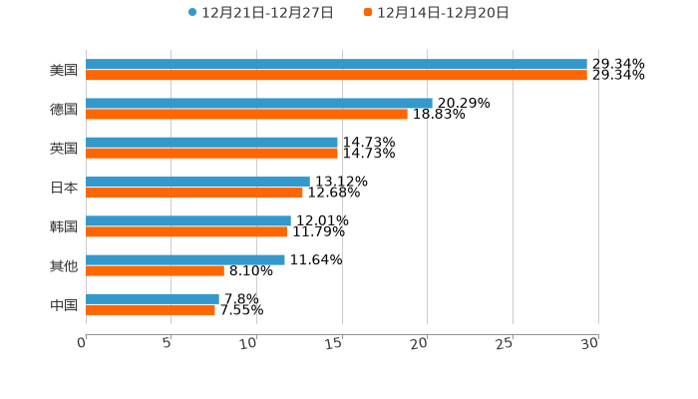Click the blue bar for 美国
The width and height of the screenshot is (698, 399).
(336, 64)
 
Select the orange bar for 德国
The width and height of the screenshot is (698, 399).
(246, 114)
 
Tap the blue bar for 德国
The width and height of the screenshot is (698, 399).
(259, 103)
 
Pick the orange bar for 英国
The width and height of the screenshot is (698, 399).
(211, 153)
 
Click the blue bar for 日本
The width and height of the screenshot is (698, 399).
(197, 182)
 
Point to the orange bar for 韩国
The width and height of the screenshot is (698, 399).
(186, 231)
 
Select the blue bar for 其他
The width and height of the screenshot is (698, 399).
(185, 259)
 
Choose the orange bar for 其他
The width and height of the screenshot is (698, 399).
(155, 270)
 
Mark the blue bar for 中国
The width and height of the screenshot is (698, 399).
(153, 298)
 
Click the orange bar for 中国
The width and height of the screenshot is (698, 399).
(151, 309)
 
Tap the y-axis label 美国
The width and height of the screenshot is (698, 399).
(64, 70)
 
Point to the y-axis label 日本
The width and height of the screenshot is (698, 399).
(64, 188)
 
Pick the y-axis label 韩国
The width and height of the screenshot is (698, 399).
(64, 226)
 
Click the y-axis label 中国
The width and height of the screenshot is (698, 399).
(64, 304)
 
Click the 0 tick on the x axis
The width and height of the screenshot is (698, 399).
(83, 343)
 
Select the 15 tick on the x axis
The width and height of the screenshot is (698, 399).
(335, 343)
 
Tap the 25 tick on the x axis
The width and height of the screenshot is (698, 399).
(506, 343)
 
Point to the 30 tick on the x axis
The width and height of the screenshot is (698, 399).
(590, 343)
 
